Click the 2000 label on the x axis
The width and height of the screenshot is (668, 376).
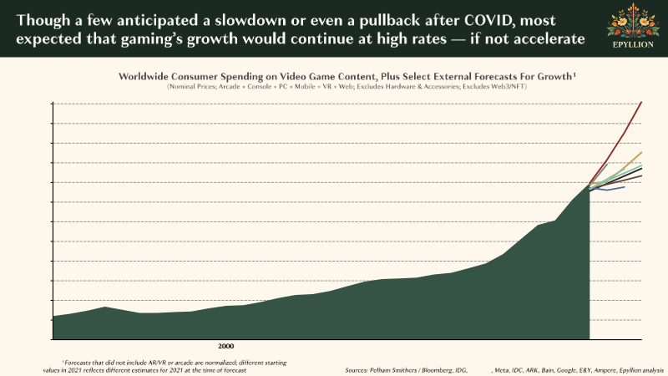(225, 345)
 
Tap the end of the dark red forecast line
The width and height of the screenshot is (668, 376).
(641, 102)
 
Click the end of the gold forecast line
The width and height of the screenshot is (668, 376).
(641, 153)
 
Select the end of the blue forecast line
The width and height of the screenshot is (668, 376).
(624, 187)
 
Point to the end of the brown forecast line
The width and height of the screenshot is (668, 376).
(641, 176)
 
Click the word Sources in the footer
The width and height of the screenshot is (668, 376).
(359, 369)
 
